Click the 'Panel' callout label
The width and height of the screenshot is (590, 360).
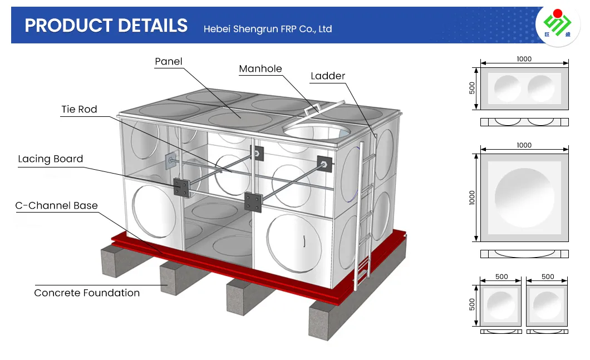coord(169,62)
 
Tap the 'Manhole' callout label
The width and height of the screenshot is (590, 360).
coord(260,69)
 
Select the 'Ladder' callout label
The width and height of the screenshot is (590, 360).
coord(328,76)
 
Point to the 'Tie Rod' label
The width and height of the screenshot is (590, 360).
coord(80,110)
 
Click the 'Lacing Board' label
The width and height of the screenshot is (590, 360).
coord(51,159)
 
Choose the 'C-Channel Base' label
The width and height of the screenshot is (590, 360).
coord(56,206)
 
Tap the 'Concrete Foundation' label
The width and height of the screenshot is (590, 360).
coord(87,293)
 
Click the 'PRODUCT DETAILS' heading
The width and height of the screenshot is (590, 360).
coord(106,26)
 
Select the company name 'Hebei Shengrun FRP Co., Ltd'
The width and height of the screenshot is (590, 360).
coord(268,29)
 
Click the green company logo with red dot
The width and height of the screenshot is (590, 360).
coord(557,24)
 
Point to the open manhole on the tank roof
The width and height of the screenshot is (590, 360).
coord(316,131)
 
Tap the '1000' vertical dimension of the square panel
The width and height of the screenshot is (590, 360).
coord(472,198)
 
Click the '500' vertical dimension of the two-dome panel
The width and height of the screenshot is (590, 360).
coord(472,88)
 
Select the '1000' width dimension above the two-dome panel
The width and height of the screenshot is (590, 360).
coord(524,59)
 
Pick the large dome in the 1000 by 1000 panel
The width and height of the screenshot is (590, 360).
coord(524,198)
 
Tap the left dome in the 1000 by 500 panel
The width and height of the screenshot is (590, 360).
coord(508,89)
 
